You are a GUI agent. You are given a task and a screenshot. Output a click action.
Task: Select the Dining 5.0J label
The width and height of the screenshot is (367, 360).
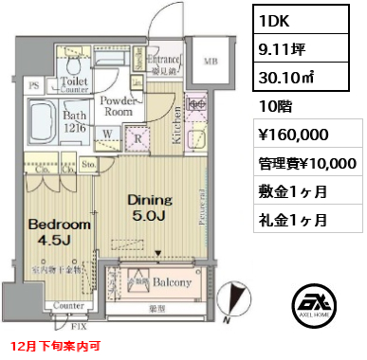click(149, 208)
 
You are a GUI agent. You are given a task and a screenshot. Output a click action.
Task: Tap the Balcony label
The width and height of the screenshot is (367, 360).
click(173, 282)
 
